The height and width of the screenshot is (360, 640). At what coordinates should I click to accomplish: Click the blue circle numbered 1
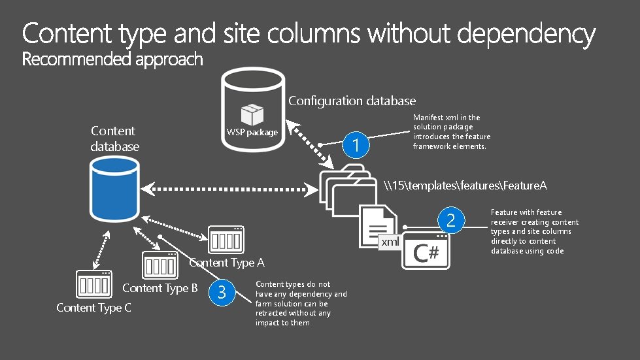[356, 145]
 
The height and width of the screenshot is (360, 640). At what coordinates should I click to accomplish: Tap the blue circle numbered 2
[450, 221]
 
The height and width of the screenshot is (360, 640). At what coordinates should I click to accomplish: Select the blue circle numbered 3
[222, 293]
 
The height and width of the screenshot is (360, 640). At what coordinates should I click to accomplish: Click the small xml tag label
[390, 243]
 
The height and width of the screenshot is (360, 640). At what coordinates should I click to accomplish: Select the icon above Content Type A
[226, 240]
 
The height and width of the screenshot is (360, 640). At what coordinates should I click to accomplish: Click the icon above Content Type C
[95, 285]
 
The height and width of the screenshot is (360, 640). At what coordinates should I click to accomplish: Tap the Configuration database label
[352, 101]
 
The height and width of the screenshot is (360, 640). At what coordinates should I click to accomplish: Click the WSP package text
[252, 133]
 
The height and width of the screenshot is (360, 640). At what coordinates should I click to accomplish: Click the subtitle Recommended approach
[112, 60]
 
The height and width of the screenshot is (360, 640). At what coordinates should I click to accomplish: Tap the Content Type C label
[93, 308]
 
